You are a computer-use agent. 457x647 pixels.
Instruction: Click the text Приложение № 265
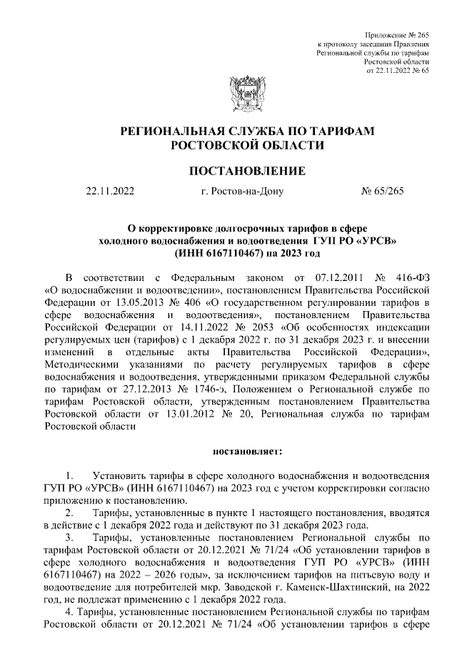pos(397,35)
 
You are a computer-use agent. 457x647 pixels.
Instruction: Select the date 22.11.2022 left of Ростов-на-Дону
pos(109,192)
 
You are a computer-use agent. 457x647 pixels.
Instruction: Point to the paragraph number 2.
pos(69,513)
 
